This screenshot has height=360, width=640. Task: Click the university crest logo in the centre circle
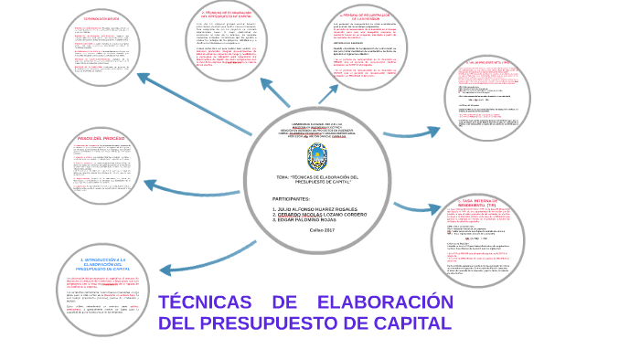click(x=316, y=154)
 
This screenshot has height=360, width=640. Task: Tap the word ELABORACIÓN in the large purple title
click(x=384, y=302)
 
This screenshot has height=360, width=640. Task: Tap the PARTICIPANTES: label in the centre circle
click(x=292, y=198)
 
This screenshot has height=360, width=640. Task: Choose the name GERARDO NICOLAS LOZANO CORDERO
click(x=320, y=214)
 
